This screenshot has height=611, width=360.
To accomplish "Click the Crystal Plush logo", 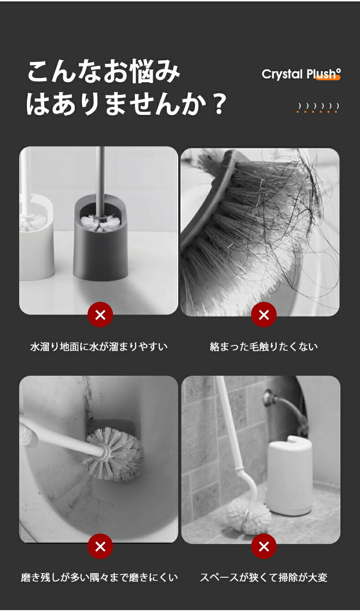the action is tap(301, 74).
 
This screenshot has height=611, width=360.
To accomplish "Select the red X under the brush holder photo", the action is tap(100, 315).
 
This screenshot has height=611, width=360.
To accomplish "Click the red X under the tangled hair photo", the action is tap(263, 315).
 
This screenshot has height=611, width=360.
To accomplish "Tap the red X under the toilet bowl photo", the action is tap(100, 546).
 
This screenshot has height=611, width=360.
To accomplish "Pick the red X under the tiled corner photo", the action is tap(263, 546).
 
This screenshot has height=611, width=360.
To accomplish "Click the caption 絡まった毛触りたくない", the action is tap(263, 347).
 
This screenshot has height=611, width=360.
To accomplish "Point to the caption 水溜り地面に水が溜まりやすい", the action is tap(98, 347).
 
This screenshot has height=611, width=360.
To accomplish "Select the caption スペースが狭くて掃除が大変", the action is tap(263, 577).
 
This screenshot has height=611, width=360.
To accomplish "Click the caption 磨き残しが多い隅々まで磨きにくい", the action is tap(99, 577).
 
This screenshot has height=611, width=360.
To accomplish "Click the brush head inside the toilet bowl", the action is tap(114, 454).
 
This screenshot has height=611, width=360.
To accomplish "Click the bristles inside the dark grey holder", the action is tap(101, 223).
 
